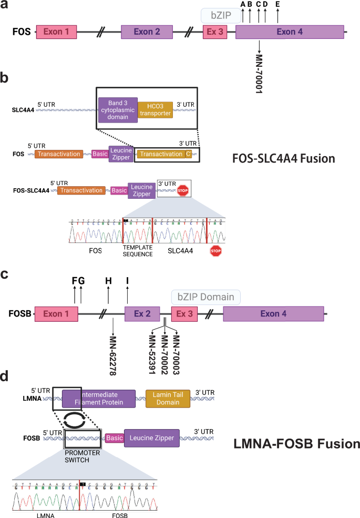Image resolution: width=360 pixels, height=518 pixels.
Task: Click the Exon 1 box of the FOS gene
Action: point(56,33)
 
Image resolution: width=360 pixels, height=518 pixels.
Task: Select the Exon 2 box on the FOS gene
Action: point(147,33)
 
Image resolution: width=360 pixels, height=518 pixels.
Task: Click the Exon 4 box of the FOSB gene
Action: point(273,314)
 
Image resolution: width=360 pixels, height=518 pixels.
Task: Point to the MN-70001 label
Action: point(259,73)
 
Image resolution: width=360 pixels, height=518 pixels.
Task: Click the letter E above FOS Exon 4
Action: point(277,5)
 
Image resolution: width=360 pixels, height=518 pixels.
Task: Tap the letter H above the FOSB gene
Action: point(108,281)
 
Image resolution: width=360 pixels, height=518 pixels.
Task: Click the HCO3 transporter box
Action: point(156,111)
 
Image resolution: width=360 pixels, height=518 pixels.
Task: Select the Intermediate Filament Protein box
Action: point(98,398)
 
